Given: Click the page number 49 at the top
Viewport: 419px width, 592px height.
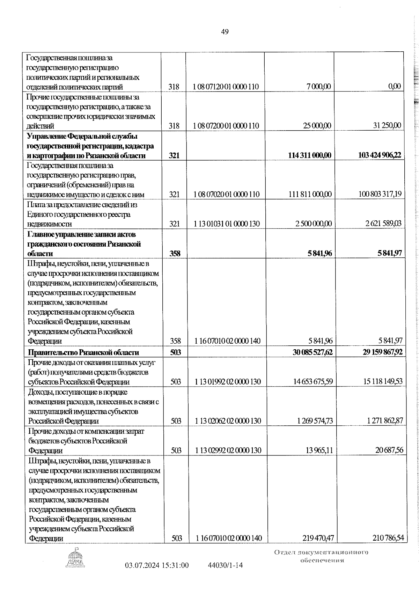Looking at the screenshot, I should click(x=225, y=32).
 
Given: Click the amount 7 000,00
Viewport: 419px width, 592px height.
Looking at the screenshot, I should click(x=319, y=87).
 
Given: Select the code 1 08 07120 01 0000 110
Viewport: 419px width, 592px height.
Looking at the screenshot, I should click(x=226, y=87).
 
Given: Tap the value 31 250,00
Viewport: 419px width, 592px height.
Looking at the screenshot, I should click(x=387, y=125).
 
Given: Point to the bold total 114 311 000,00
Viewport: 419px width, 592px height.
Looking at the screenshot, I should click(x=310, y=155).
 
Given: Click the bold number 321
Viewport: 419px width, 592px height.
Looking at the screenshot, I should click(x=174, y=156).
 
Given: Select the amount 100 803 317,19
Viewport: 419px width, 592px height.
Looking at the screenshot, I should click(x=380, y=194).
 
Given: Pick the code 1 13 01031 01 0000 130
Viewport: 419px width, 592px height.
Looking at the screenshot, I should click(x=227, y=224).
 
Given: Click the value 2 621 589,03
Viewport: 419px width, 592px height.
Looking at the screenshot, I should click(x=383, y=224).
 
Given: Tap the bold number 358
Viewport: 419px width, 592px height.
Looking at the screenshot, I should click(x=175, y=254).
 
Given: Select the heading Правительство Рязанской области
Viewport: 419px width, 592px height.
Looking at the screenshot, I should click(x=83, y=352).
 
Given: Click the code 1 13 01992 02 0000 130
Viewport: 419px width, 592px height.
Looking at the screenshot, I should click(x=228, y=382).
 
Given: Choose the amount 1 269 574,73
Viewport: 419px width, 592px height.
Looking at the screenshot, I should click(x=315, y=421).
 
